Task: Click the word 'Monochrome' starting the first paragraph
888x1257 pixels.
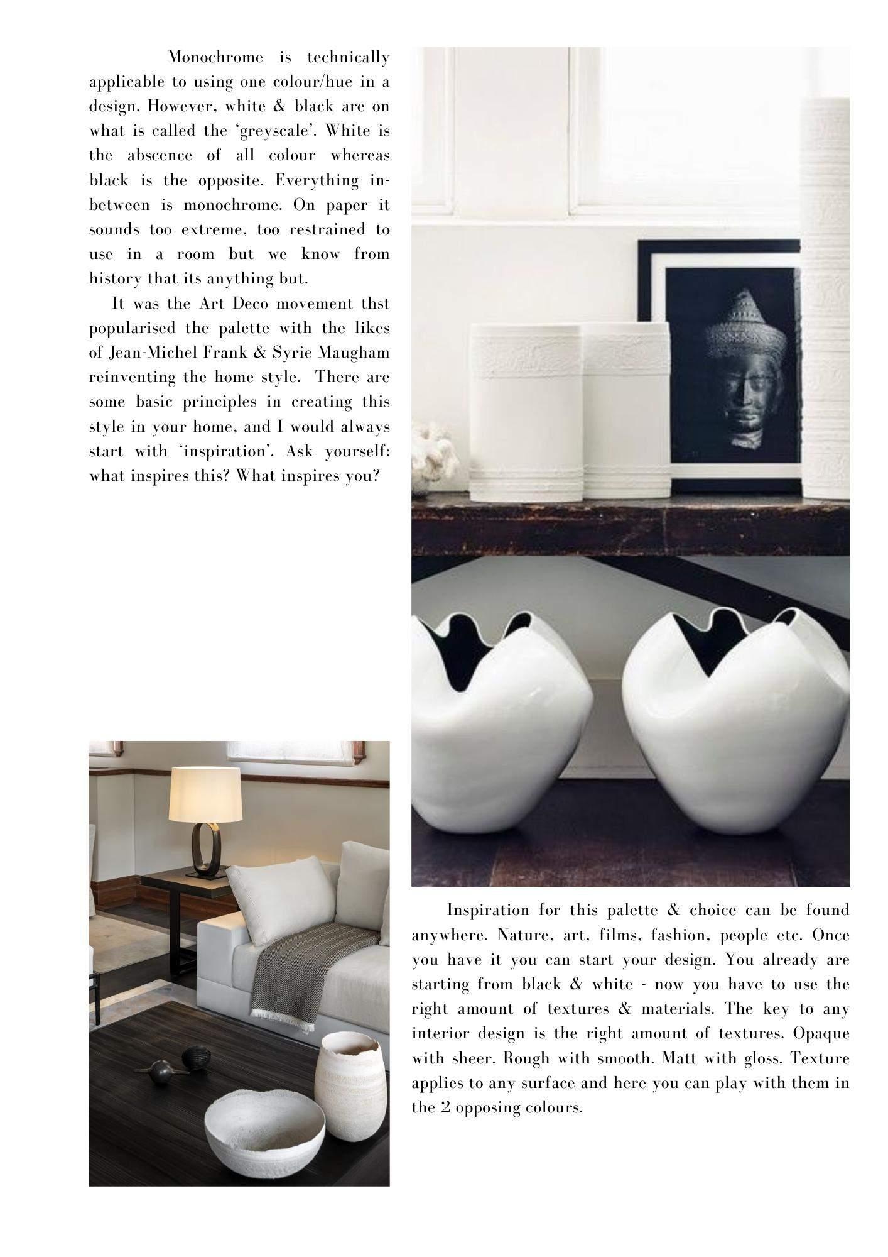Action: pos(215,58)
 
